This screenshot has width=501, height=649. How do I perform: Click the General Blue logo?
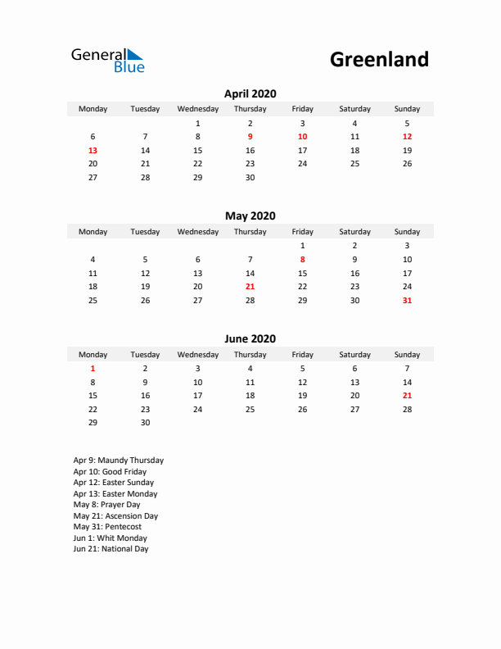107,60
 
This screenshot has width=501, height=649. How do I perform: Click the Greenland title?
379,59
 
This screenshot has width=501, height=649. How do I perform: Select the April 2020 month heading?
250,93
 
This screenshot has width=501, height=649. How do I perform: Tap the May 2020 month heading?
250,216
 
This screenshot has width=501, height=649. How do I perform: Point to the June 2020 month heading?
250,339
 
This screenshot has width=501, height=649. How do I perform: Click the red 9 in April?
250,137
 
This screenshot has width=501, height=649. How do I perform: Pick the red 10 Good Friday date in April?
302,137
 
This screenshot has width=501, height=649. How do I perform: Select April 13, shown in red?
93,151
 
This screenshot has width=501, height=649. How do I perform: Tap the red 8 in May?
302,260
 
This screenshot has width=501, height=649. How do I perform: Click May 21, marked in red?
250,287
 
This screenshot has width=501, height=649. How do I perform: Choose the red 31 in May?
407,301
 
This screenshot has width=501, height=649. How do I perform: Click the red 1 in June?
93,369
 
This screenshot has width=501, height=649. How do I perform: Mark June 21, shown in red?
407,396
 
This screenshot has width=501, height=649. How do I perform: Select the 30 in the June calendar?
145,423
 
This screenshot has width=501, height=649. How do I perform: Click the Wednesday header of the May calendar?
197,232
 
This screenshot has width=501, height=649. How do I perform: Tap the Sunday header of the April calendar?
407,109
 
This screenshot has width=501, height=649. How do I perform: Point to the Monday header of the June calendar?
93,355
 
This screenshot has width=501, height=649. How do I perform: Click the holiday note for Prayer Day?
106,505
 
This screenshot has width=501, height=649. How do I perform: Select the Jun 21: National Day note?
111,549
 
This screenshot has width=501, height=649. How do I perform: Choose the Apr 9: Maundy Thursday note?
118,461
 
